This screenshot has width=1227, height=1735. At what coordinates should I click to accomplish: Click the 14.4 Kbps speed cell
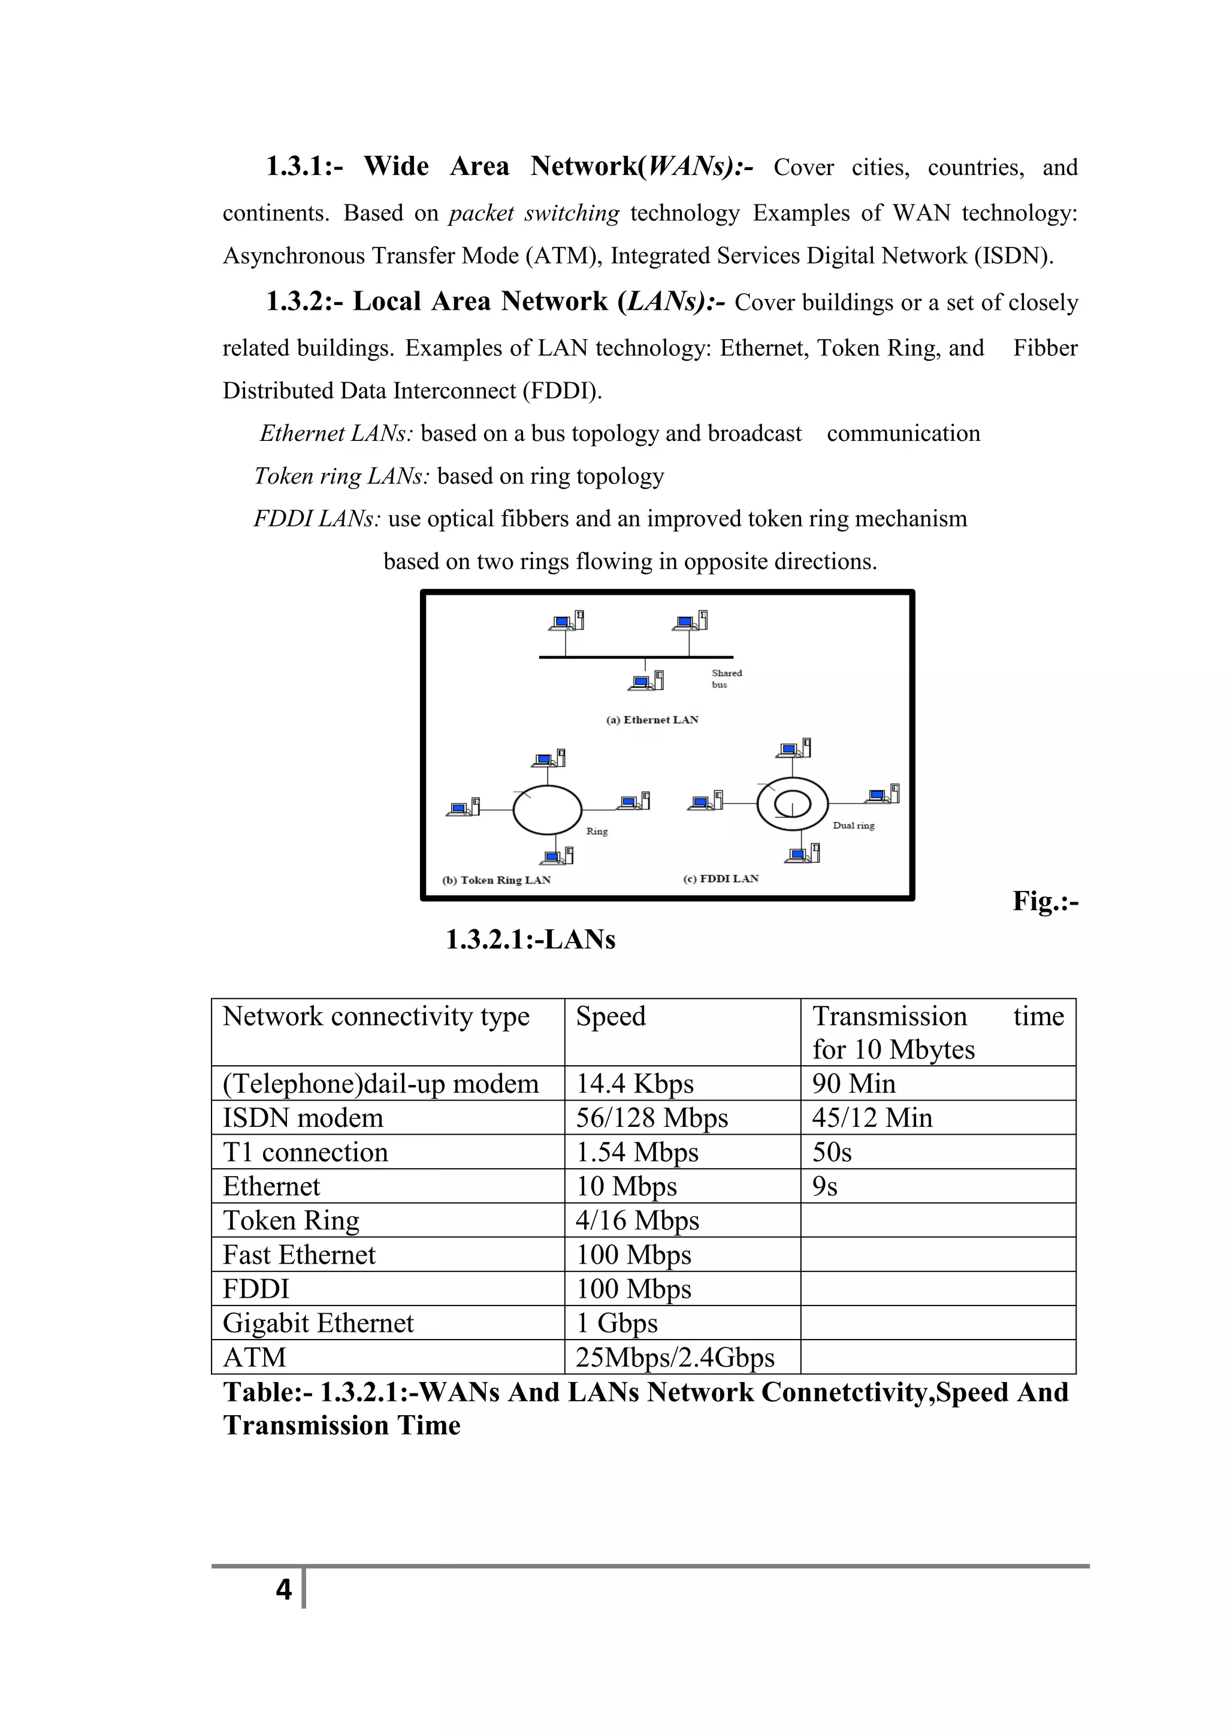pyautogui.click(x=634, y=1084)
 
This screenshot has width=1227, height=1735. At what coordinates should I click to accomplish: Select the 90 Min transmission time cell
pyautogui.click(x=853, y=1084)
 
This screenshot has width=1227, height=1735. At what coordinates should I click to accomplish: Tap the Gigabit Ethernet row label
pyautogui.click(x=318, y=1323)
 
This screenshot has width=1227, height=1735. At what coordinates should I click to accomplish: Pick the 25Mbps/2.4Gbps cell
pyautogui.click(x=675, y=1358)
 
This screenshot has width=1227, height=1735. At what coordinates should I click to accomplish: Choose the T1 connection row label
pyautogui.click(x=305, y=1153)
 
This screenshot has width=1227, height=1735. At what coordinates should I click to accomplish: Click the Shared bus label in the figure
pyautogui.click(x=726, y=679)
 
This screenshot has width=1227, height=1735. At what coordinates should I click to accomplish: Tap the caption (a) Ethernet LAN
pyautogui.click(x=652, y=720)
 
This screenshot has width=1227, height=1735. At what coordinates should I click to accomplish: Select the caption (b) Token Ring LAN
pyautogui.click(x=497, y=879)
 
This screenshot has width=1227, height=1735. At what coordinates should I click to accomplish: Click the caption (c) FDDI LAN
pyautogui.click(x=721, y=878)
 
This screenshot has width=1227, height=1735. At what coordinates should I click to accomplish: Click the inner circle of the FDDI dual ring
pyautogui.click(x=793, y=803)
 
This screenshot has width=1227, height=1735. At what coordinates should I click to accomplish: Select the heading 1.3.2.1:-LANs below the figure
pyautogui.click(x=530, y=939)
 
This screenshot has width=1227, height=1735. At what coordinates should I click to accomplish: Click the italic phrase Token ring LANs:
pyautogui.click(x=341, y=476)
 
